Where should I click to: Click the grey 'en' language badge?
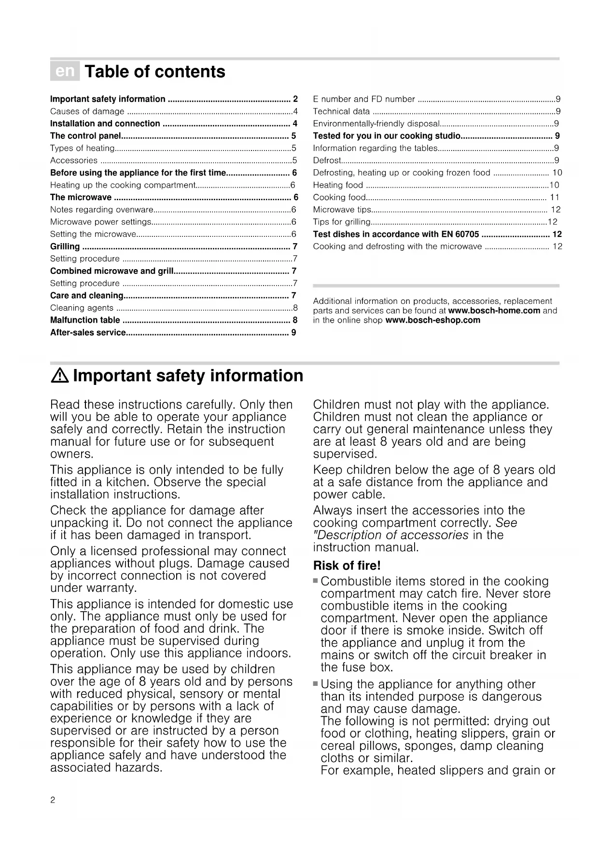click(65, 71)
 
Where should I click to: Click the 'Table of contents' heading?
click(155, 72)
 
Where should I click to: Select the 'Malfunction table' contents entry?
click(85, 320)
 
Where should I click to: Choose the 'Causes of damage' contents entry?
click(87, 111)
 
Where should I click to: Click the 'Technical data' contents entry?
click(341, 111)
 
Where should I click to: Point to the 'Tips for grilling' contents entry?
click(342, 222)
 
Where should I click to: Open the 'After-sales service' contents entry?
click(88, 332)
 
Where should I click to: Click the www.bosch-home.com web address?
click(494, 311)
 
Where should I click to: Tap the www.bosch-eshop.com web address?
click(433, 320)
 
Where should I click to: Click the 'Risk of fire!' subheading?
click(347, 565)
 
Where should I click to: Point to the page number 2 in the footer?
click(53, 800)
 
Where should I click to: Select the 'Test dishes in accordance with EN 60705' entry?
click(396, 234)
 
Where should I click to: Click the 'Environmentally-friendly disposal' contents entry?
click(376, 124)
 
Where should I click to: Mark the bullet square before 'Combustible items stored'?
click(316, 581)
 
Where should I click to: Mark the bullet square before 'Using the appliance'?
click(316, 683)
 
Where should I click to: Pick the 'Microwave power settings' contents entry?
click(100, 222)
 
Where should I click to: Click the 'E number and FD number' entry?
click(364, 99)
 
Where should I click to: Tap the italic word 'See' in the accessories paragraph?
click(506, 523)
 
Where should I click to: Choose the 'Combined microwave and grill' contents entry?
click(112, 271)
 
